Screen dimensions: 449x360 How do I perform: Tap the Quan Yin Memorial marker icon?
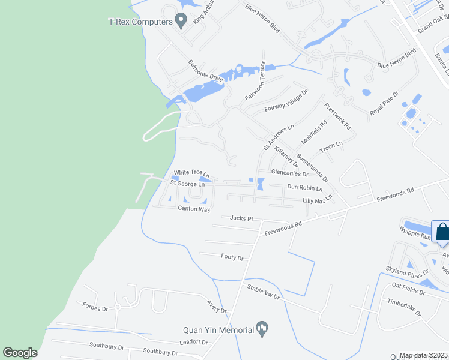click(262, 328)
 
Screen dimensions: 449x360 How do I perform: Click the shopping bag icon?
click(442, 231)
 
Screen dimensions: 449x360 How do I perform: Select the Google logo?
click(20, 353)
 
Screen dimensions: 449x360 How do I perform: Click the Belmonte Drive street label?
click(205, 71)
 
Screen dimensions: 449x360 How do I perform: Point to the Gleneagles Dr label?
click(289, 174)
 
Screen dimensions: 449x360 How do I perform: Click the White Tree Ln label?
click(191, 173)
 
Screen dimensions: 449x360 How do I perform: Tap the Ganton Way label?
click(193, 209)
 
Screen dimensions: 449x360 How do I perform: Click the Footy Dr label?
click(232, 258)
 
